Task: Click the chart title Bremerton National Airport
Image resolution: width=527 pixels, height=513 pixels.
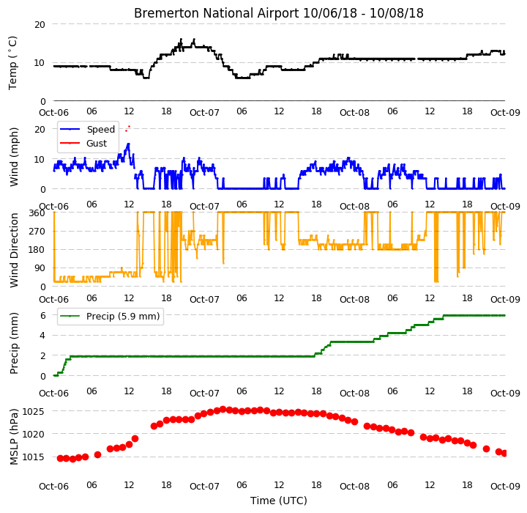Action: tap(216, 13)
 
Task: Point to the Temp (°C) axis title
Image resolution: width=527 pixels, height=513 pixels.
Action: tap(12, 63)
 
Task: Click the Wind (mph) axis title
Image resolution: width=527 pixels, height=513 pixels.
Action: tap(14, 157)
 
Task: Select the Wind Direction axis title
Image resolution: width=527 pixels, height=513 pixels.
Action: tap(14, 250)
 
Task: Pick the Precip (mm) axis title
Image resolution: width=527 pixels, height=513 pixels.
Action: tap(14, 344)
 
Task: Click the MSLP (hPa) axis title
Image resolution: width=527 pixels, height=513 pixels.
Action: tap(14, 437)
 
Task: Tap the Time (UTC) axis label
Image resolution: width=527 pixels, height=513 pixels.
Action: tap(279, 501)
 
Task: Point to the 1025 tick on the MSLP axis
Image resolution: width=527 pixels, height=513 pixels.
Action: tap(33, 412)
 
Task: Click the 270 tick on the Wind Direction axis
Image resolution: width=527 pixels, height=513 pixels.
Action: tap(37, 232)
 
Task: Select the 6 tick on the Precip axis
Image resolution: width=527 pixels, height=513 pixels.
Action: tap(42, 316)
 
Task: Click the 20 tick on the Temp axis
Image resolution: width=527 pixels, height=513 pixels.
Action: tap(40, 25)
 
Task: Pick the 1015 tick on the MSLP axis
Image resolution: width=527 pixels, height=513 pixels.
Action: tap(33, 457)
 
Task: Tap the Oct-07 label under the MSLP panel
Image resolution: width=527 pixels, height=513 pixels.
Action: tap(204, 487)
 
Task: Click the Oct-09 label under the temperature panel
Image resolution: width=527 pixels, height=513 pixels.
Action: tap(505, 112)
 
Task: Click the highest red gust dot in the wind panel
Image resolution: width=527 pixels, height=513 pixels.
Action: tap(129, 127)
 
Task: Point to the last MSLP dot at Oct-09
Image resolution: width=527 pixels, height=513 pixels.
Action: tap(504, 454)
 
